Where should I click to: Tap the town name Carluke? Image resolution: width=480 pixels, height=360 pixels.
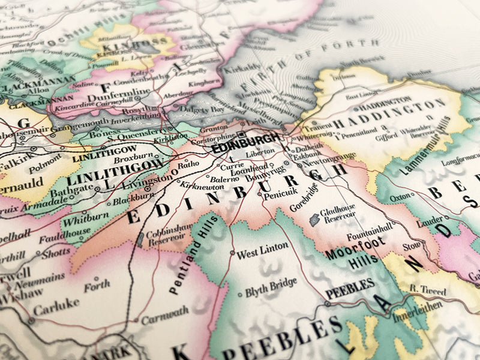(x=56, y=304)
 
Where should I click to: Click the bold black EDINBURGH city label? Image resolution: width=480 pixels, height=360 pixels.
(x=245, y=144)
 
